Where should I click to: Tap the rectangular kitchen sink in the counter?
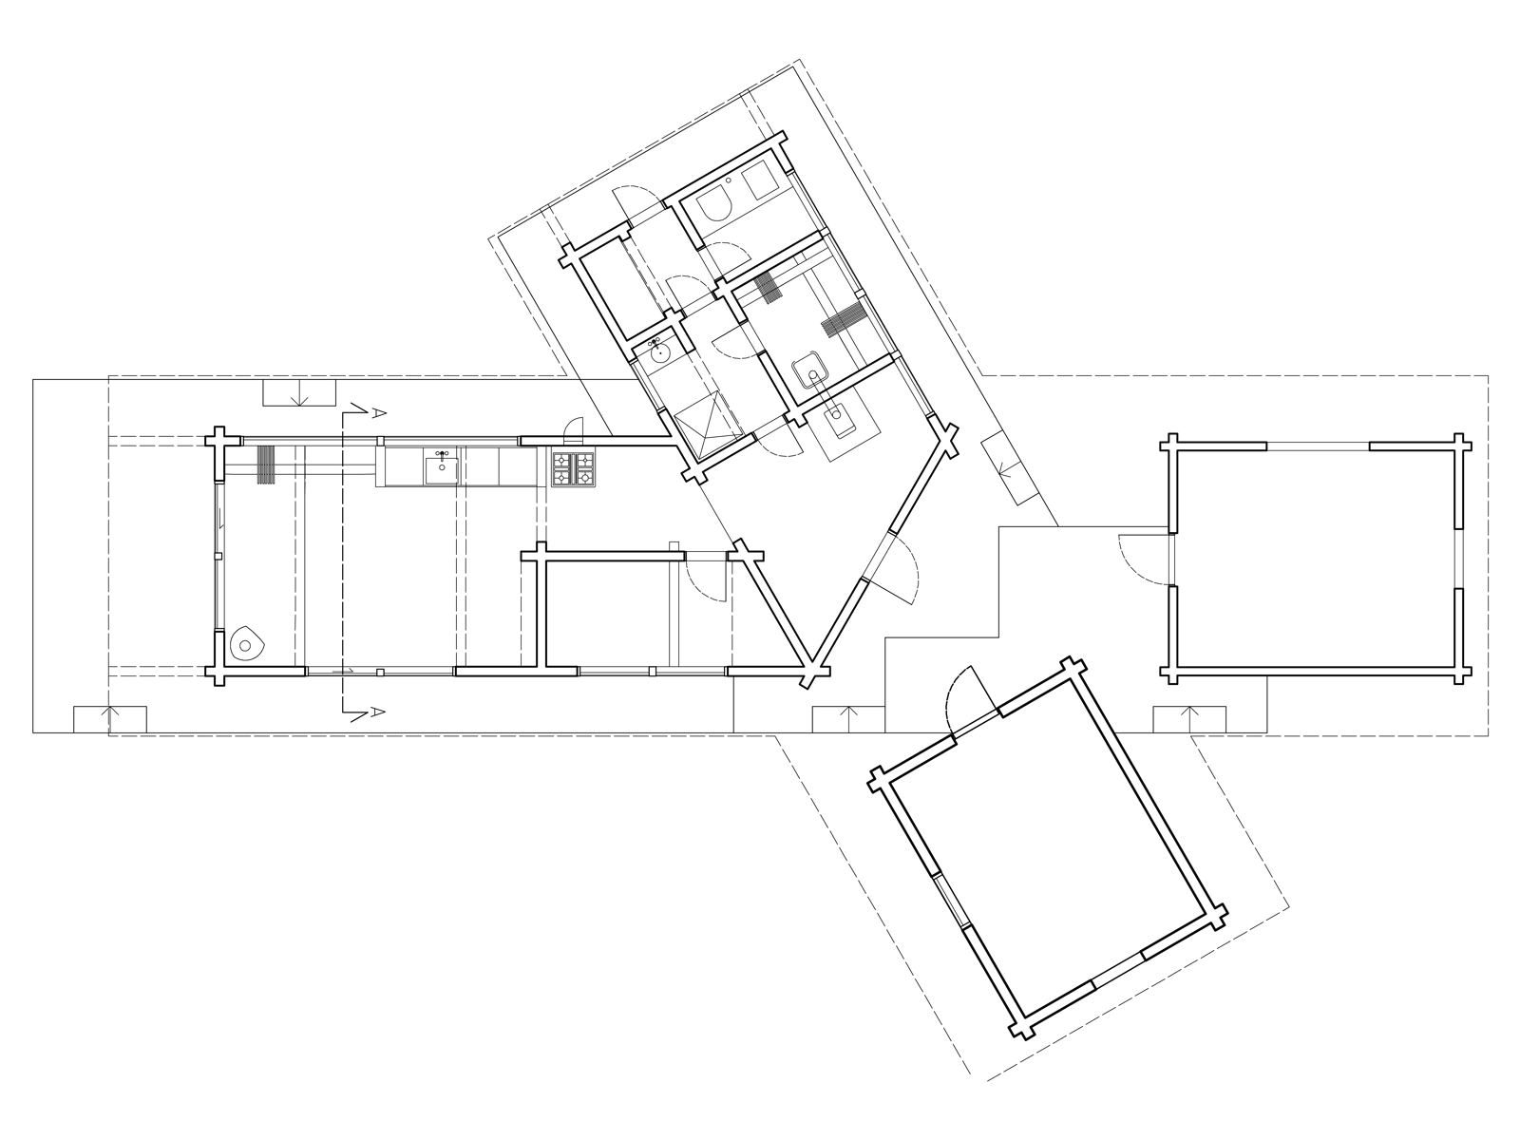441,470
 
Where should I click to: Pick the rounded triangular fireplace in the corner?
246,644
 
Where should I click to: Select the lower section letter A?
378,712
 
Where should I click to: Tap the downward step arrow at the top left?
300,394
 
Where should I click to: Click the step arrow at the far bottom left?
110,718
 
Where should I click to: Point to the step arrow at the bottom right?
1189,718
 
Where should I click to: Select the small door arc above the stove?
575,429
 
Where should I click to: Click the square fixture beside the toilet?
760,179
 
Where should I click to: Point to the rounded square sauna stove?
811,372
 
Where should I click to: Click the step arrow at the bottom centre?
848,718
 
